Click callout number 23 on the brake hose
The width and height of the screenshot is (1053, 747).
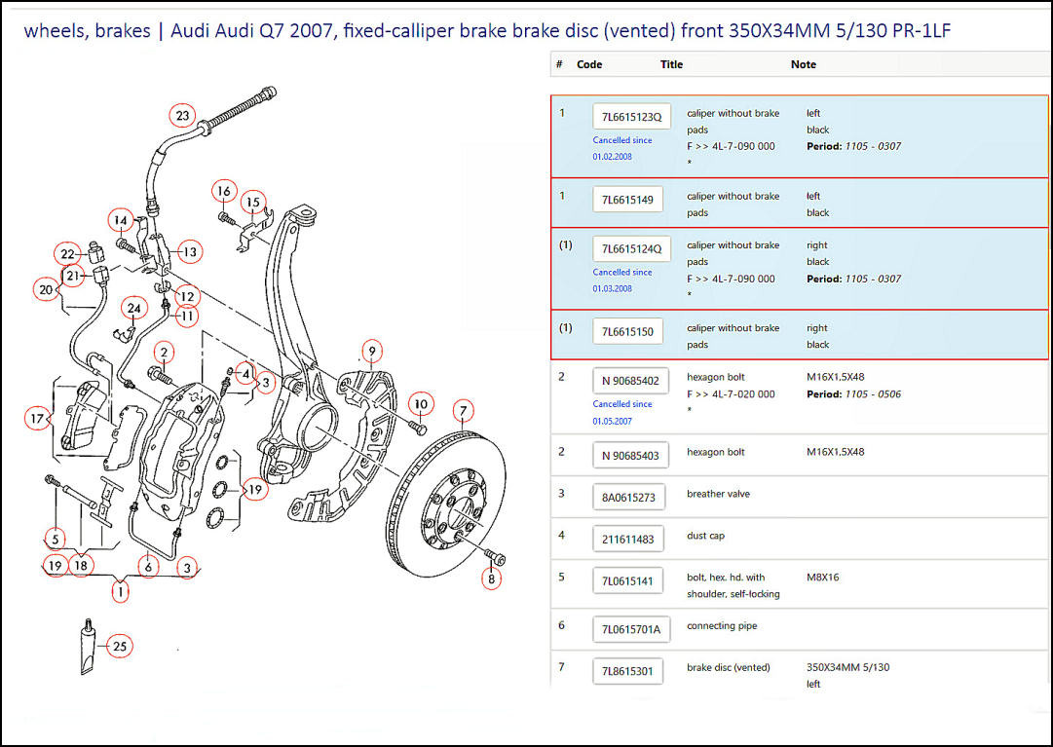(183, 116)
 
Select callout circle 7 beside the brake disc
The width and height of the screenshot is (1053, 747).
(464, 410)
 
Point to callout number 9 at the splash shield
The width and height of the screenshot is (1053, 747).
(370, 351)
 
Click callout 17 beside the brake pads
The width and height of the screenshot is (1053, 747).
(37, 420)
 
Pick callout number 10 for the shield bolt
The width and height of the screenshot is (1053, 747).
(419, 403)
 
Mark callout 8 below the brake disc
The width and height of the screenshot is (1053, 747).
(491, 579)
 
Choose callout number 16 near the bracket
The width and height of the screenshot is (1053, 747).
(224, 191)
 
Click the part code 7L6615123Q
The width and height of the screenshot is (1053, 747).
(631, 117)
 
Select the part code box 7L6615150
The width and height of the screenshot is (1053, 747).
(628, 331)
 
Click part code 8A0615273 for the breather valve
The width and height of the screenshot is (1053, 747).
(628, 497)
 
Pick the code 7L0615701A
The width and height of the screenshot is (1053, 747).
(630, 629)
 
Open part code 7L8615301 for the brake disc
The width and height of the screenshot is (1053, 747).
(628, 671)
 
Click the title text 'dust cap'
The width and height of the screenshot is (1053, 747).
(705, 536)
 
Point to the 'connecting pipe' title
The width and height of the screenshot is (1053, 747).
(721, 626)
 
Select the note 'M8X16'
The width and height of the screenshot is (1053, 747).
(822, 578)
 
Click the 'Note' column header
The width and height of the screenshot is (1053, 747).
(803, 64)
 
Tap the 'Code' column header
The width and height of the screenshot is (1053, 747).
(589, 64)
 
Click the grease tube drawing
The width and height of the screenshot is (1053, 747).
(88, 647)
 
